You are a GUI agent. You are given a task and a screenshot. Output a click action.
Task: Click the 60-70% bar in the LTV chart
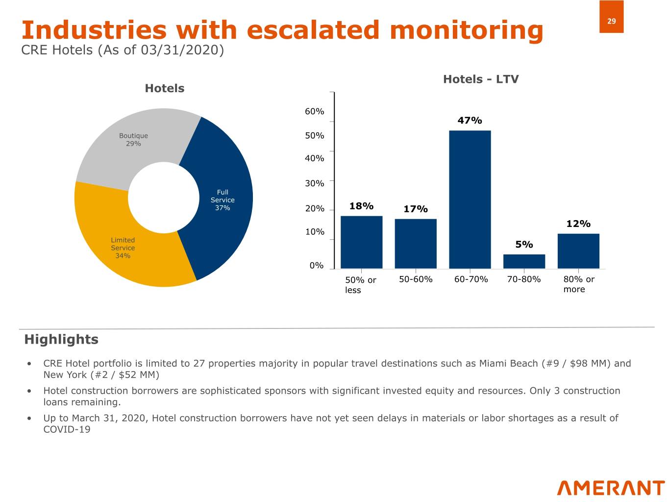(470, 200)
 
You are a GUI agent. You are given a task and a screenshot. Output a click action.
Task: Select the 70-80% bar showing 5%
(524, 261)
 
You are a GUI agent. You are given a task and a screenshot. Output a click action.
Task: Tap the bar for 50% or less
(361, 242)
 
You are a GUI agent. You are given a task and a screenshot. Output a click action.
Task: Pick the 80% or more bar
(578, 251)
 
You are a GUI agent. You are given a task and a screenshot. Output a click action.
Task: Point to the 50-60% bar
(416, 244)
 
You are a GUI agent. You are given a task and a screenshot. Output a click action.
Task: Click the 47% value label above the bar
(470, 121)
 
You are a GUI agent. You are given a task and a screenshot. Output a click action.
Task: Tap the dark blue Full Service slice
(223, 196)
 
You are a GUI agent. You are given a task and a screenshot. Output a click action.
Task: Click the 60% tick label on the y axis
(314, 112)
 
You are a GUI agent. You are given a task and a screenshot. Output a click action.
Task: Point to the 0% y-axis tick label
(316, 266)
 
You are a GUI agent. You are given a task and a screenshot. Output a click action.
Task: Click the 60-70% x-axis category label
(471, 279)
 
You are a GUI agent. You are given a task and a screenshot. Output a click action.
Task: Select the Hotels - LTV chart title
(480, 79)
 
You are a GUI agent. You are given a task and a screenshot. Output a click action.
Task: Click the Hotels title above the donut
(164, 89)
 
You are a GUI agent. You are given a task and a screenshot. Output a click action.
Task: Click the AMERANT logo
(610, 488)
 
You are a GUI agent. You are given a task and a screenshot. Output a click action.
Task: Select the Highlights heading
(61, 340)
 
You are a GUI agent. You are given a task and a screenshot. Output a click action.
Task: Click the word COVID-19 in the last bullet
(67, 430)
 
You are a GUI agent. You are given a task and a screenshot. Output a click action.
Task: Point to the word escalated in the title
(313, 30)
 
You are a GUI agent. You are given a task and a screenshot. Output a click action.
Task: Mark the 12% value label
(578, 224)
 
